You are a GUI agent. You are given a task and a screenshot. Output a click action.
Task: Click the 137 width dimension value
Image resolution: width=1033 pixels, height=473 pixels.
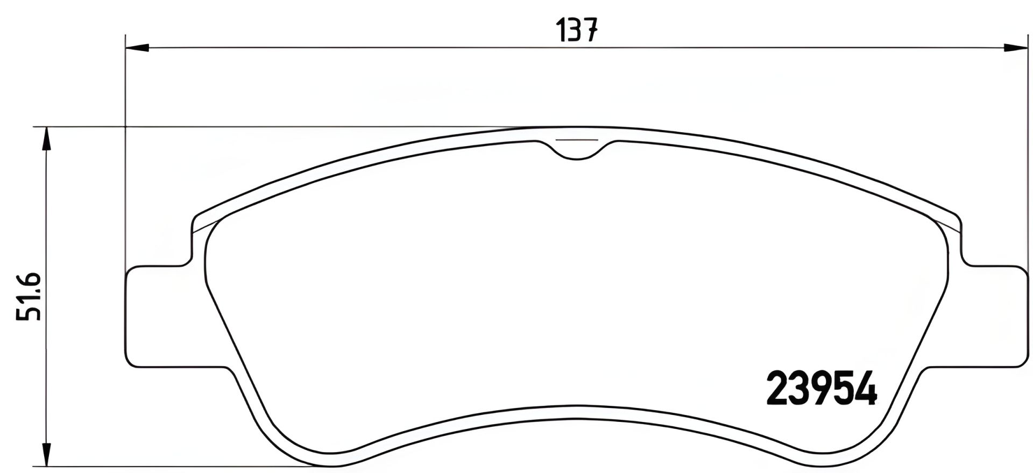[577, 30]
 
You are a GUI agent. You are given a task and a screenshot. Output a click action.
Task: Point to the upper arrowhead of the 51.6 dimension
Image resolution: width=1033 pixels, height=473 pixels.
[47, 139]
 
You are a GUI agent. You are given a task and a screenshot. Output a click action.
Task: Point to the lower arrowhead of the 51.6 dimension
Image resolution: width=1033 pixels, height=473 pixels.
[47, 455]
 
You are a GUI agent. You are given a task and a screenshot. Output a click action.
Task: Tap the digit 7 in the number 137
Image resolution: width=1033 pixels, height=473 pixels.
[591, 30]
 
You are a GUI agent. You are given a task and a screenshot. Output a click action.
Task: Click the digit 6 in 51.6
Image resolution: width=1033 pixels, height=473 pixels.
[29, 281]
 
